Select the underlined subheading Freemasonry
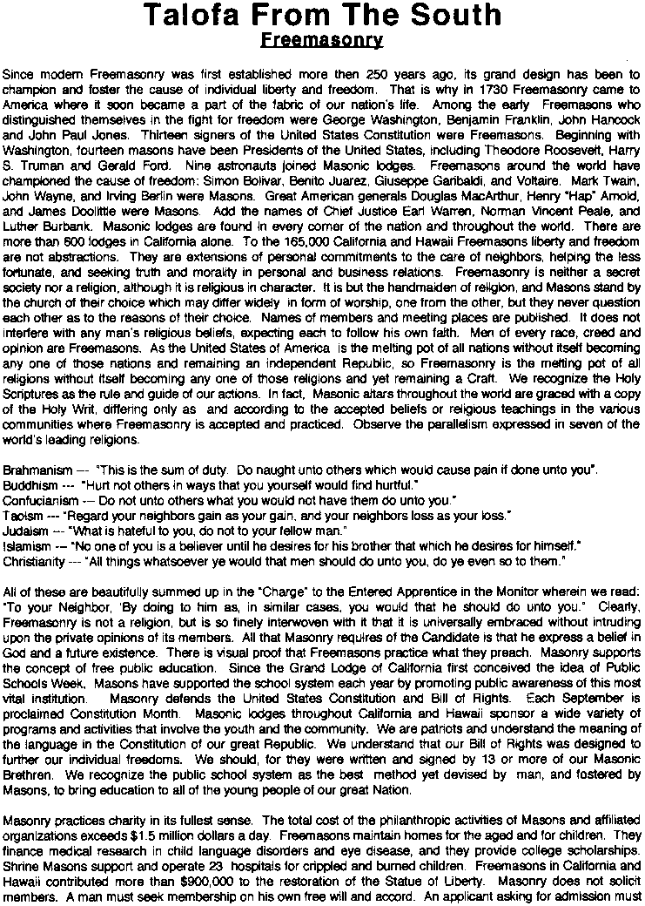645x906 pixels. (x=322, y=40)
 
